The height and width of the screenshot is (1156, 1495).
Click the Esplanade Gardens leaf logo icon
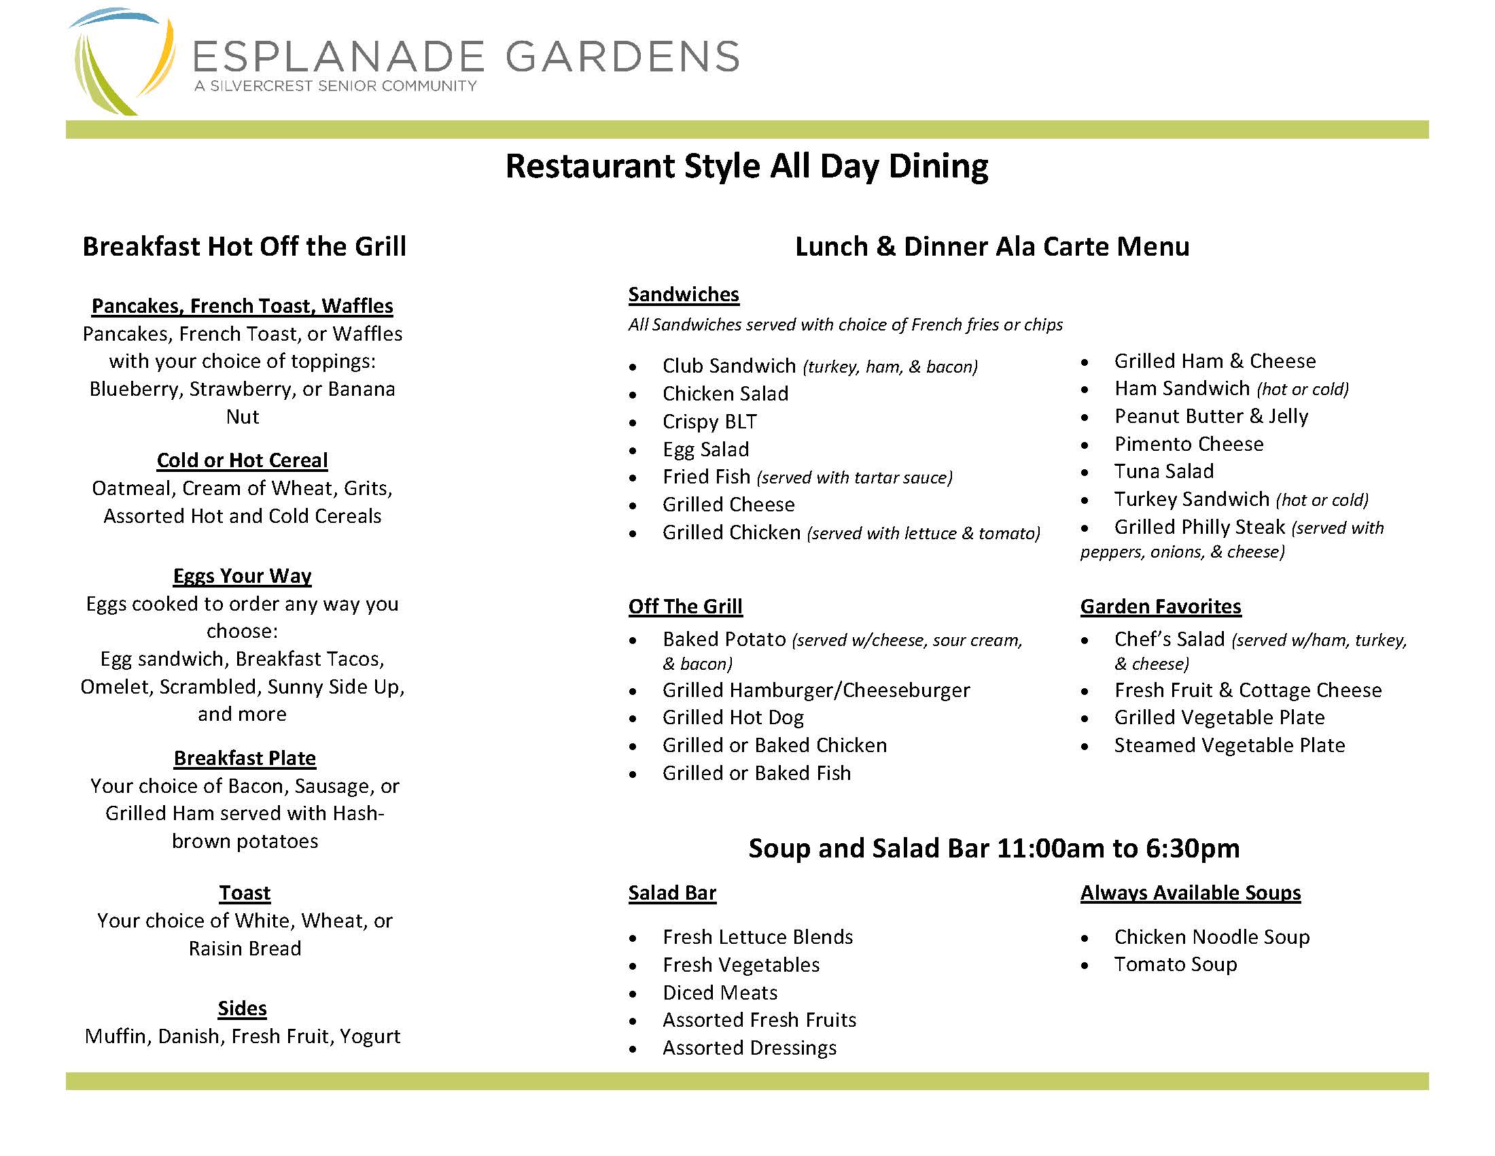coord(122,62)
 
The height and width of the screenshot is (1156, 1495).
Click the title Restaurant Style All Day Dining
coord(746,167)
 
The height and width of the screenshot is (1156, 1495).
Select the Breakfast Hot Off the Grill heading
coord(245,247)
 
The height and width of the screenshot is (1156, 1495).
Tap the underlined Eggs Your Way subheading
coord(243,576)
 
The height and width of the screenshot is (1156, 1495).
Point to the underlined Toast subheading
coord(245,893)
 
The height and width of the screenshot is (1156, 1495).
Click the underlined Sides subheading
coord(243,1008)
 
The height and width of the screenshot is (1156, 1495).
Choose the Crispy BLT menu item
coord(709,422)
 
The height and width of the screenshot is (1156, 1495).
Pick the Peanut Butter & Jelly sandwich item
coord(1211,416)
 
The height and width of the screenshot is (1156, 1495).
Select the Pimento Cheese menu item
coord(1189,445)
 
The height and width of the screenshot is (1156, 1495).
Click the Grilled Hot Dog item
coord(733,717)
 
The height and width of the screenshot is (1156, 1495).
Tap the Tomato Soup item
coord(1176,965)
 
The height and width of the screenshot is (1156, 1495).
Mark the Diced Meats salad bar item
coord(720,993)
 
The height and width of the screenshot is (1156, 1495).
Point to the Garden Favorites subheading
coord(1160,607)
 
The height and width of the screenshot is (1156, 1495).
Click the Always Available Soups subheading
coord(1191,893)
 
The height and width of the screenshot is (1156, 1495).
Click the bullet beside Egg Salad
coord(633,452)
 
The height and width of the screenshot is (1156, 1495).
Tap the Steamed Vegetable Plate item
coord(1229,746)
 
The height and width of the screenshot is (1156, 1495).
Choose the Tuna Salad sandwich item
coord(1163,472)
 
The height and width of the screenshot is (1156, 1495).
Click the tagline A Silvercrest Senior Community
coord(336,86)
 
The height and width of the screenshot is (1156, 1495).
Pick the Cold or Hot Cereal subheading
coord(243,460)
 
